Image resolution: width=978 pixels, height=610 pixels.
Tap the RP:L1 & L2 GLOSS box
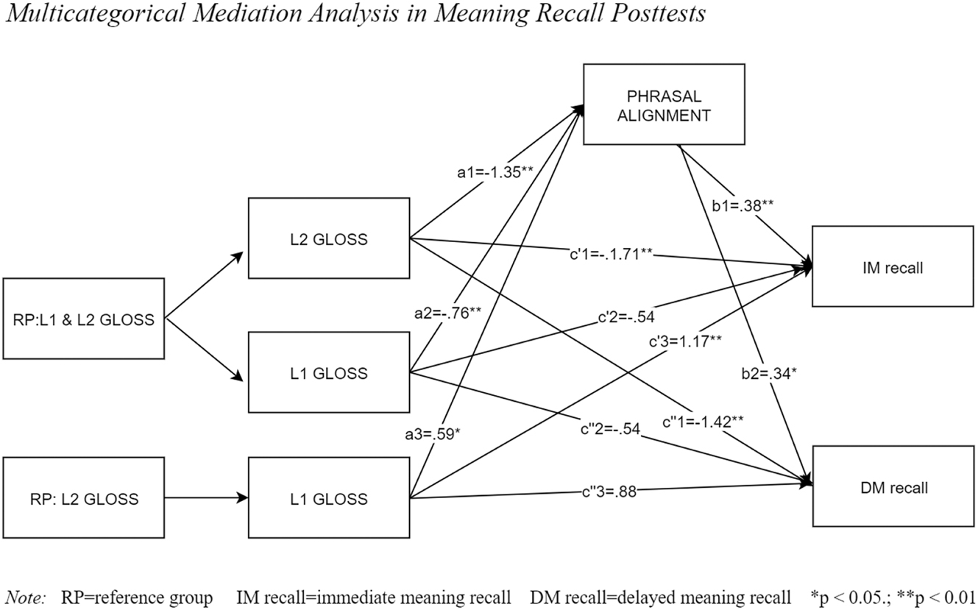coord(83,319)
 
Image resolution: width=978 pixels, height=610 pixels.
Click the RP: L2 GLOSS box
coord(83,498)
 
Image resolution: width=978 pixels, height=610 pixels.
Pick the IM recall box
coord(893,266)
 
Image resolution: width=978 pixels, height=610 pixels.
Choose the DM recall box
coord(893,486)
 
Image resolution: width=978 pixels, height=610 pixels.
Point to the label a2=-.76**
coord(449,311)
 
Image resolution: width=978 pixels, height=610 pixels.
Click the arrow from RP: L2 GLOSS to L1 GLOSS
coord(206,498)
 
